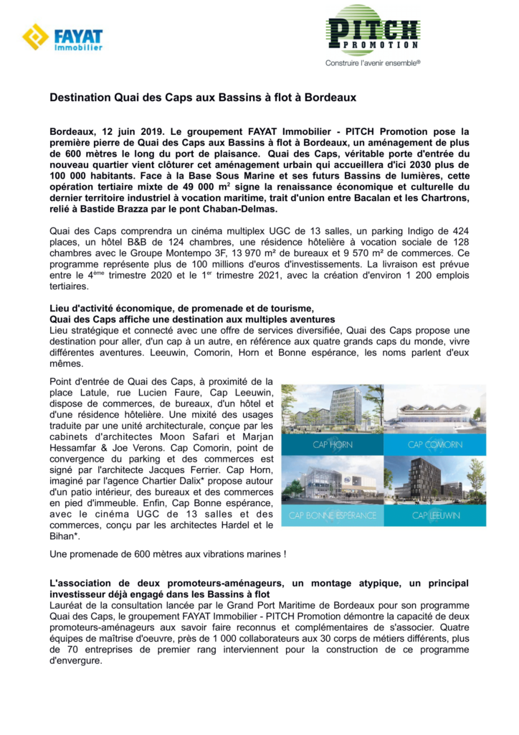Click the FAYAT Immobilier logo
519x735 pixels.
point(62,37)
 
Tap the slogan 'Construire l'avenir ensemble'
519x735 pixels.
point(372,62)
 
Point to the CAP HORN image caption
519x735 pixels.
point(331,444)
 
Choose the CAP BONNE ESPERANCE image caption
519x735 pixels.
point(331,515)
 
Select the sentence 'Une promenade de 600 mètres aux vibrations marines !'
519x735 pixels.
point(168,553)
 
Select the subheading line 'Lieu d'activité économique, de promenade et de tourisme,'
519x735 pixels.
point(182,309)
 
